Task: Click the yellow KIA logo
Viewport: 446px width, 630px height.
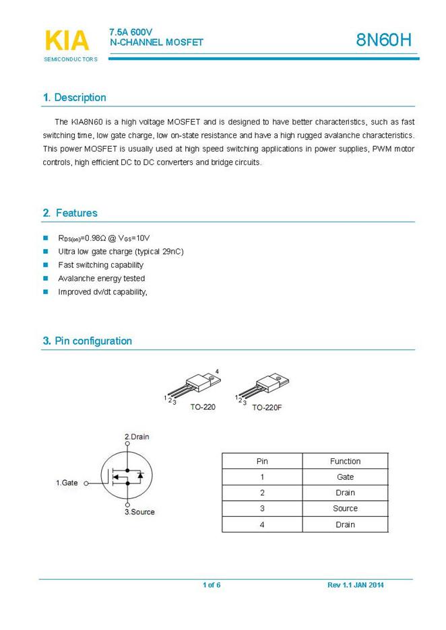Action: coord(67,40)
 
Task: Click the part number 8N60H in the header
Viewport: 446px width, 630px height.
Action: coord(383,40)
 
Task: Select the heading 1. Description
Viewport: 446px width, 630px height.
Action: coord(75,98)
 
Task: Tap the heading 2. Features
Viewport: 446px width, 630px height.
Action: coord(70,213)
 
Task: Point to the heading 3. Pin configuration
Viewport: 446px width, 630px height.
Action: coord(88,341)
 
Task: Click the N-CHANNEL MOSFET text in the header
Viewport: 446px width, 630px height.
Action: coord(156,42)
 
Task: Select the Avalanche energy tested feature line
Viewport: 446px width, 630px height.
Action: coord(101,279)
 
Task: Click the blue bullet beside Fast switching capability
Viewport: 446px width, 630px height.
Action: coord(46,265)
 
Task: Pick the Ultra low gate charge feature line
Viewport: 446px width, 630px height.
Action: coord(121,252)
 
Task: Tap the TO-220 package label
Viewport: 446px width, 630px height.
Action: coord(203,407)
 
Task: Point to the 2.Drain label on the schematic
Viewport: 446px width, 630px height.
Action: coord(137,437)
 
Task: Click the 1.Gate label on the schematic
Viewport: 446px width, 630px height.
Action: coord(67,483)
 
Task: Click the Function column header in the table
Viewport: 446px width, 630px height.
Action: coord(345,461)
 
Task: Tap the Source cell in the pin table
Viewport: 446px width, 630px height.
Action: coord(345,509)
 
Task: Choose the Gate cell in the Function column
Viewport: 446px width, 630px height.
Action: coord(345,477)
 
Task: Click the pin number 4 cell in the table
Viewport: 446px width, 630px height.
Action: coord(262,525)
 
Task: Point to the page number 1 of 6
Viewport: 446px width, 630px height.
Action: coord(212,585)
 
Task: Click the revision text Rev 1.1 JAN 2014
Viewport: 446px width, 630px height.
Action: coord(355,585)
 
